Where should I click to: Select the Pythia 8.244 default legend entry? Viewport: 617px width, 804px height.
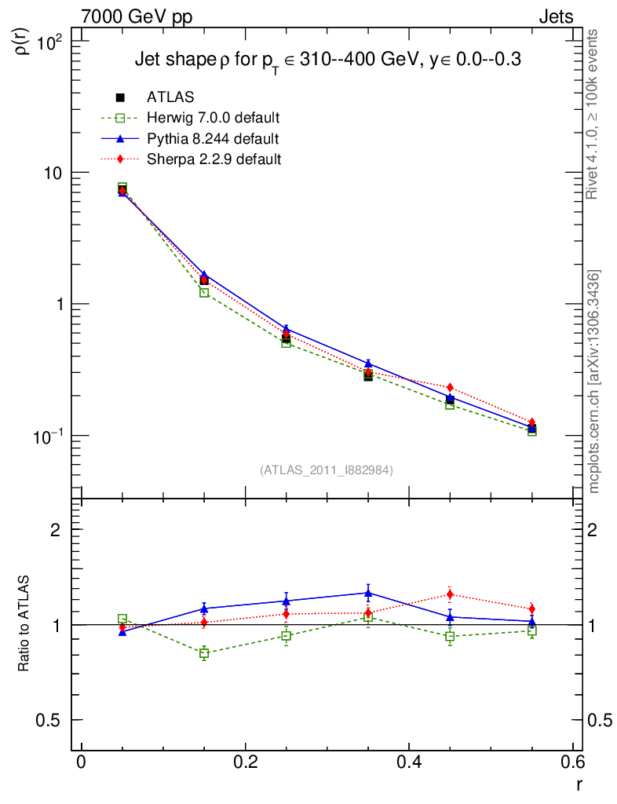click(213, 139)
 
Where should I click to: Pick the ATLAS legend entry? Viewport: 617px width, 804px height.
click(170, 97)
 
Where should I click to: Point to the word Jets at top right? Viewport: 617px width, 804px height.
click(555, 16)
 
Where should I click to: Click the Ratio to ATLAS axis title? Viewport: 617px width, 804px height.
click(24, 613)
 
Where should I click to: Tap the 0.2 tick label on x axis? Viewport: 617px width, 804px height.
click(245, 763)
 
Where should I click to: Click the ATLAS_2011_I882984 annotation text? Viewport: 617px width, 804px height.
click(327, 470)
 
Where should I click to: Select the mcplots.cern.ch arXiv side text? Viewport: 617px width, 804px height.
click(594, 382)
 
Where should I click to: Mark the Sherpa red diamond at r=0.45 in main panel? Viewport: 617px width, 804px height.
click(450, 387)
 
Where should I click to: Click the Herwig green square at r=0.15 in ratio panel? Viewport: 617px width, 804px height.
click(204, 653)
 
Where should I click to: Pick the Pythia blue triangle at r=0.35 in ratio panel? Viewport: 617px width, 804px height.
click(368, 593)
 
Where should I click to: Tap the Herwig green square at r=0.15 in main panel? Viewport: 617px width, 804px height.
click(204, 293)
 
